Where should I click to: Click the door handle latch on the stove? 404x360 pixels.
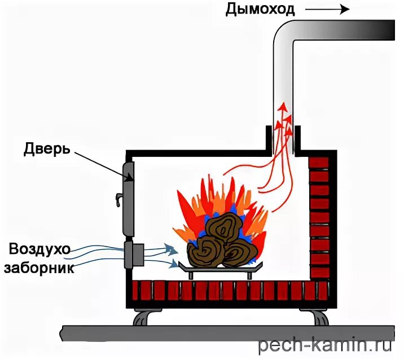[x=118, y=199]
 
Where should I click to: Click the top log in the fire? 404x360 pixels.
[x=225, y=228]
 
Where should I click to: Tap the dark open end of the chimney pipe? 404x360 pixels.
[x=386, y=30]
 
